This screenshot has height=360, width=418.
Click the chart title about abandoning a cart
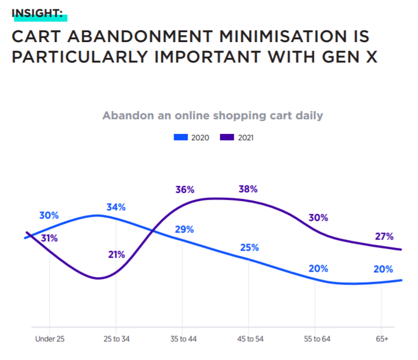(212, 115)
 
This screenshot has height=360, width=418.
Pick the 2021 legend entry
(237, 138)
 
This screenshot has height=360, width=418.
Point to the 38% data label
(248, 189)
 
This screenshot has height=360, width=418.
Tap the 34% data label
(116, 207)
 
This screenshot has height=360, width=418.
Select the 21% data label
(117, 254)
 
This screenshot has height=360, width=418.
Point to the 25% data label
(250, 247)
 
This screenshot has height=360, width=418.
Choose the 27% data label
(384, 237)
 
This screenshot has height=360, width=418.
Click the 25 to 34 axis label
(116, 339)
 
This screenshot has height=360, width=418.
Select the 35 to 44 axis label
(182, 339)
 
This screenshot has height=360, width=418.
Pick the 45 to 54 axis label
(249, 339)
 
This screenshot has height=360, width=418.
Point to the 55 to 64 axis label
(316, 339)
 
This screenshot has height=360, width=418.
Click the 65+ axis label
(382, 339)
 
